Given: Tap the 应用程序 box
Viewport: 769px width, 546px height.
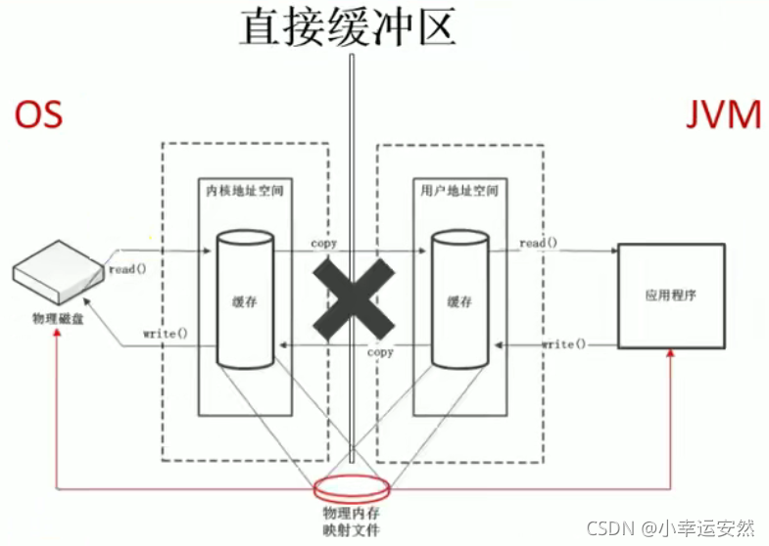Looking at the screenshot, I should [x=671, y=296].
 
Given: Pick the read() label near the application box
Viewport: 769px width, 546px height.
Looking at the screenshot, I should [x=540, y=242].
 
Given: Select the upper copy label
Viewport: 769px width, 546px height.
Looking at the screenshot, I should [x=324, y=242].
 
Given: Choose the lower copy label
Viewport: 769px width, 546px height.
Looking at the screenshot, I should [x=380, y=352].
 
